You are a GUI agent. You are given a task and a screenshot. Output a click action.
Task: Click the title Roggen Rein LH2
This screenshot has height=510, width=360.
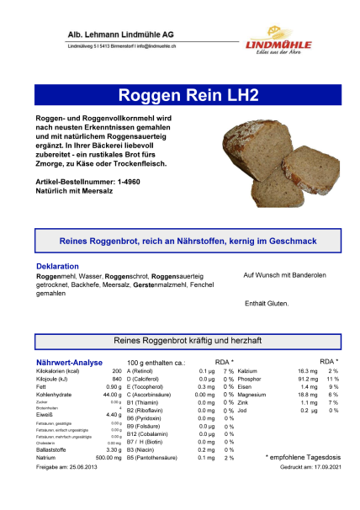(x=180, y=93)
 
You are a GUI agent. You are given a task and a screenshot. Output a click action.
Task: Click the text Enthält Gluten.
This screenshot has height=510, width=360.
(x=267, y=303)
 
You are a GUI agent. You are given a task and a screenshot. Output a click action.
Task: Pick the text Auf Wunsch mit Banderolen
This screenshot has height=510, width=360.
(x=278, y=275)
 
